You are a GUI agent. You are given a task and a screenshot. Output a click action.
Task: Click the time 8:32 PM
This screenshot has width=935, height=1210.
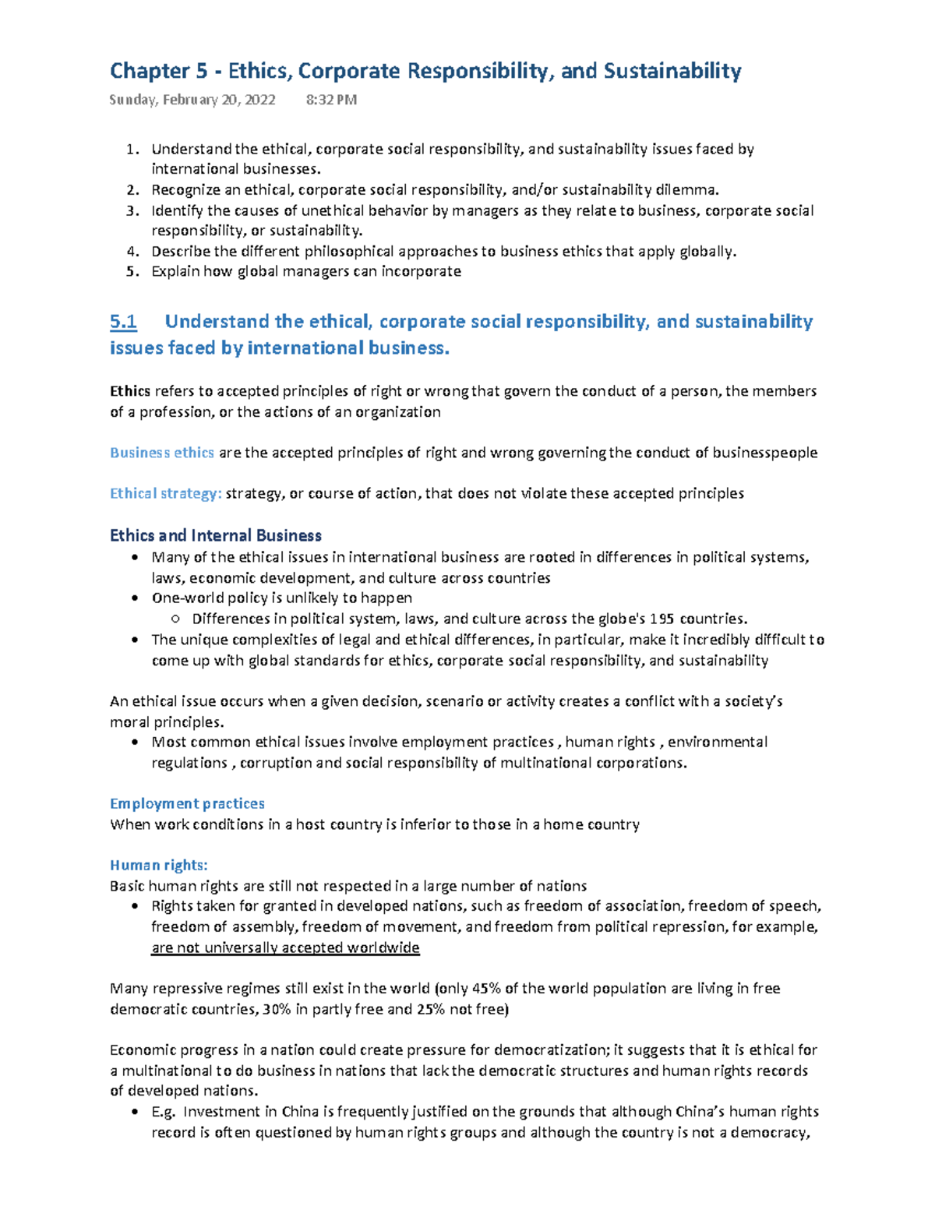click(x=331, y=100)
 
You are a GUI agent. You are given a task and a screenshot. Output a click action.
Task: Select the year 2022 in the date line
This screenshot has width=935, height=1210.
click(x=259, y=100)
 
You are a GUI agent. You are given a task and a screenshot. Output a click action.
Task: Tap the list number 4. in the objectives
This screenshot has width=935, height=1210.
click(x=132, y=252)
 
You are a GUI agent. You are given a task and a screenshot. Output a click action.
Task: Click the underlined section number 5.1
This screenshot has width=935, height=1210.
click(x=123, y=322)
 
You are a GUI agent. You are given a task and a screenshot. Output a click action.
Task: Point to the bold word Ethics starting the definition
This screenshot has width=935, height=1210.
click(x=129, y=391)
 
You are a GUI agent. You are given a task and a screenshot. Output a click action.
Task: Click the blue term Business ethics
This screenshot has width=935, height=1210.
click(x=161, y=453)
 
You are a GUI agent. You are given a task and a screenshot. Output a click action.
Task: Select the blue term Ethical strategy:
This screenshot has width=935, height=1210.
click(x=165, y=493)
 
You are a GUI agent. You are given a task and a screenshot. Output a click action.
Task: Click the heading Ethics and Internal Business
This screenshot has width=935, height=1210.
click(x=215, y=535)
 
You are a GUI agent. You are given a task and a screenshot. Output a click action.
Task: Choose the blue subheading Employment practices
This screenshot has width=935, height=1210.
click(x=187, y=803)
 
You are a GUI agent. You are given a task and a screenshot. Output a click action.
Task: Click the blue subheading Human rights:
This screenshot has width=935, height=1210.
click(x=158, y=865)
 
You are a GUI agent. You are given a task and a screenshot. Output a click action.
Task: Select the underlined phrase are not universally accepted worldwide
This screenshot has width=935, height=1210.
click(x=285, y=947)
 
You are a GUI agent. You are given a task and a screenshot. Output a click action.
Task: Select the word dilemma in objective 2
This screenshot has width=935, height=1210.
click(x=686, y=190)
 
